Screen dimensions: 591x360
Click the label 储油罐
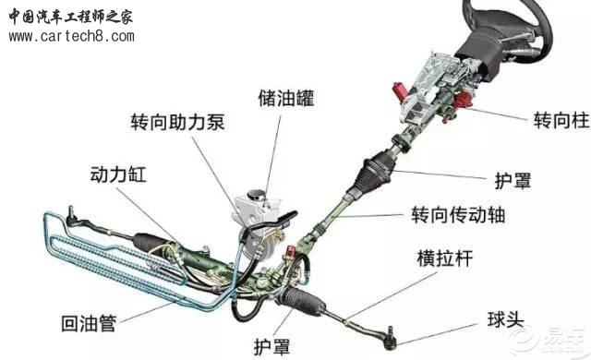tap(286, 98)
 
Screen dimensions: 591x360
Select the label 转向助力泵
tap(178, 122)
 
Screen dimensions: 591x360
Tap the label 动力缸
tap(118, 174)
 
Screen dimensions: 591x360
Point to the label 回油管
tap(89, 323)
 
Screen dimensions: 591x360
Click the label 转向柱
tap(561, 121)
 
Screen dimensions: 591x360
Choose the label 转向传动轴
tap(458, 215)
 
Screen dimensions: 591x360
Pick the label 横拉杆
tap(445, 258)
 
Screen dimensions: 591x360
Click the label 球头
tap(506, 319)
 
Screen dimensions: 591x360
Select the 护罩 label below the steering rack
tap(272, 345)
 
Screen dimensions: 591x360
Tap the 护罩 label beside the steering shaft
tap(513, 181)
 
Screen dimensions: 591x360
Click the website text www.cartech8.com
tap(72, 37)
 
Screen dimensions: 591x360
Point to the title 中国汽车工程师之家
tap(71, 17)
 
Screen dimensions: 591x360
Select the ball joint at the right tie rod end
tap(391, 337)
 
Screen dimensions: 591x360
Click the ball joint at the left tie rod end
tap(71, 216)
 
